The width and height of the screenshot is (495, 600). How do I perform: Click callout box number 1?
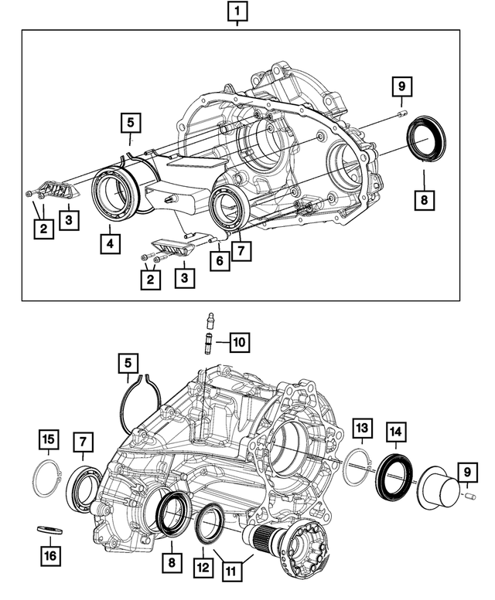[x=237, y=12]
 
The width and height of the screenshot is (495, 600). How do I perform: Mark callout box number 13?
[x=362, y=428]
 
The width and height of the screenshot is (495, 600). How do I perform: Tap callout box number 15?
[x=49, y=441]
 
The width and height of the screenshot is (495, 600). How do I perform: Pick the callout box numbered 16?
[x=49, y=554]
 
